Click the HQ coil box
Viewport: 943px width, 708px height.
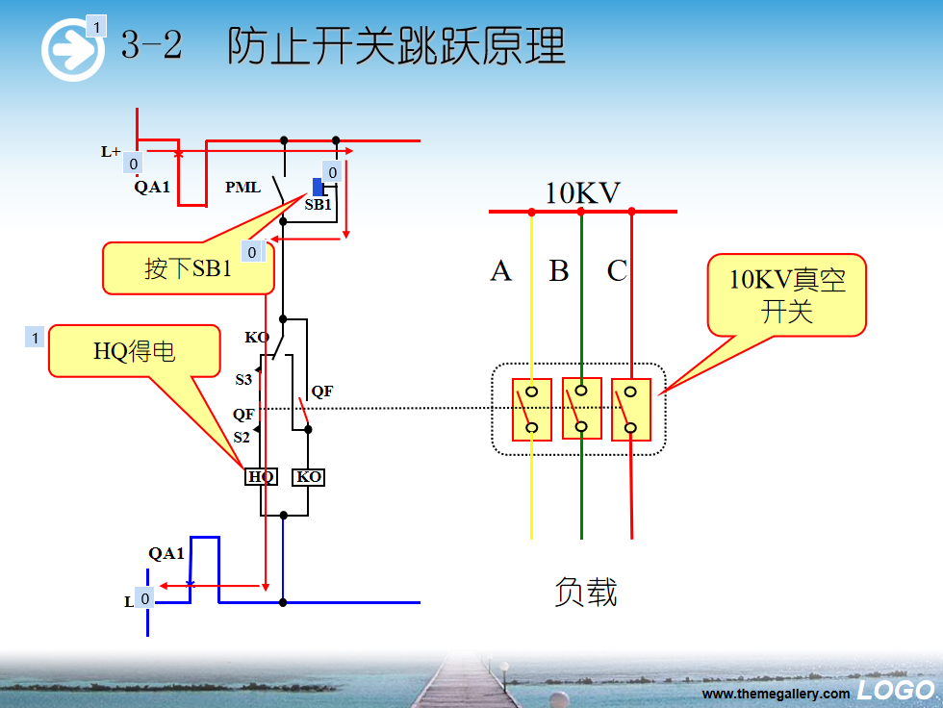[261, 476]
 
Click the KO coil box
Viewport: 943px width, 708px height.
[309, 476]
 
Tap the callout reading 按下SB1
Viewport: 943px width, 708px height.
[189, 268]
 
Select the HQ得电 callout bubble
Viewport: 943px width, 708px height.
[135, 351]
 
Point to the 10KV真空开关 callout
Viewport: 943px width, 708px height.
[787, 294]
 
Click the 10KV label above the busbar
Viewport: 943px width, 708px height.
[582, 193]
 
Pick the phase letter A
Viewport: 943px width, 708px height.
[501, 270]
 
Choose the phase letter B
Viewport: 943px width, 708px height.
[559, 270]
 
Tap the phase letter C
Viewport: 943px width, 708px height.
[617, 270]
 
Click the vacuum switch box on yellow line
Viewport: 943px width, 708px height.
[531, 409]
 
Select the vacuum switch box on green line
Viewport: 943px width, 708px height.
[581, 408]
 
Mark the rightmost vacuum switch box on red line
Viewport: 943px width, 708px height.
[631, 409]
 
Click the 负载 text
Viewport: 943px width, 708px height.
[586, 592]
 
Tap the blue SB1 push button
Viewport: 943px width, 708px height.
[318, 187]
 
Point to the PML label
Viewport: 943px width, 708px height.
[242, 188]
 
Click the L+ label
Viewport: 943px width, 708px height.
[111, 151]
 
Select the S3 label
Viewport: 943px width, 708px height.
[242, 379]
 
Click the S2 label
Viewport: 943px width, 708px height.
[242, 438]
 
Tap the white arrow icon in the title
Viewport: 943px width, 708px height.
[73, 50]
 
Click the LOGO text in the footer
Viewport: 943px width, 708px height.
[896, 690]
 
